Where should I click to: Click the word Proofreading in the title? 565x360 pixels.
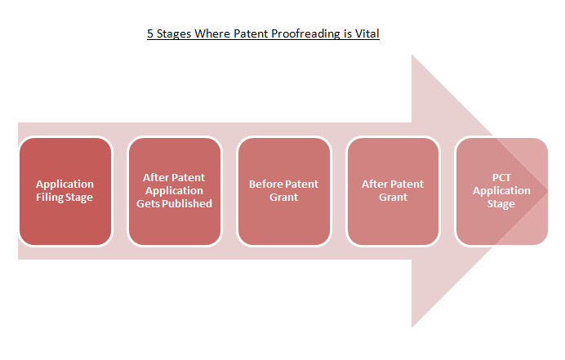(x=306, y=33)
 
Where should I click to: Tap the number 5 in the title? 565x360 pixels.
(x=150, y=33)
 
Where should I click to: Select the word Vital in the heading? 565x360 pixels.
(x=367, y=33)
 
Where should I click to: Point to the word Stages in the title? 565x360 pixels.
(x=174, y=33)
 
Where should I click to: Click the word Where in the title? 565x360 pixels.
(x=212, y=33)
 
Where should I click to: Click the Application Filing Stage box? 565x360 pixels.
(x=65, y=191)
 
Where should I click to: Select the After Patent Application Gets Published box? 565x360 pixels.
(x=175, y=191)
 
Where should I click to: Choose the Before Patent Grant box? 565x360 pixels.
(x=284, y=191)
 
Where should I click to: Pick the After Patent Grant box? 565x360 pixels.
(x=393, y=191)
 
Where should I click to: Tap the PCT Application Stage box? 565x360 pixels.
(x=502, y=191)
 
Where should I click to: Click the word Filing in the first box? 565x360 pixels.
(x=48, y=198)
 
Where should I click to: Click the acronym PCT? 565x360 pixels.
(x=501, y=178)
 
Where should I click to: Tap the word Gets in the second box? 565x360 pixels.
(x=148, y=204)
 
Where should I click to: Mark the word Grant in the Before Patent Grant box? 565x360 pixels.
(x=284, y=197)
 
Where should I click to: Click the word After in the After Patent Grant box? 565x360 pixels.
(x=375, y=184)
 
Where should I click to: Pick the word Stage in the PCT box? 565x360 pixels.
(x=501, y=204)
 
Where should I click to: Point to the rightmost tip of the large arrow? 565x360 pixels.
(x=548, y=191)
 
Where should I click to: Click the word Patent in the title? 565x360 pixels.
(x=251, y=33)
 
